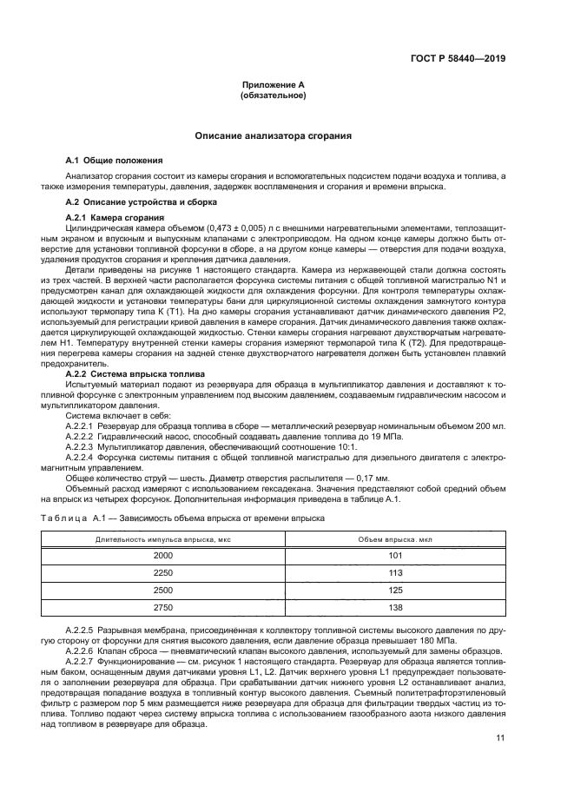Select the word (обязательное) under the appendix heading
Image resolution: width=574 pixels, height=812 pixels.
pyautogui.click(x=274, y=96)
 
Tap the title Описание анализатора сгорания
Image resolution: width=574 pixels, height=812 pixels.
pyautogui.click(x=274, y=136)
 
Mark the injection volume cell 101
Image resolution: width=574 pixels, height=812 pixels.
pyautogui.click(x=395, y=555)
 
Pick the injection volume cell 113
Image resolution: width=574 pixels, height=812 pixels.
pyautogui.click(x=395, y=573)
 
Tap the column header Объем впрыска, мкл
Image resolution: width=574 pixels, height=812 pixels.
pyautogui.click(x=395, y=538)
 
